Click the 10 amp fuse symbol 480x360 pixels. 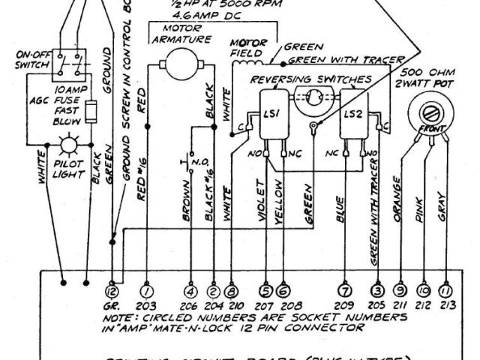click(x=91, y=112)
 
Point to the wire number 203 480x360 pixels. click(x=147, y=306)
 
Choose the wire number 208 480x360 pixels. click(x=283, y=306)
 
